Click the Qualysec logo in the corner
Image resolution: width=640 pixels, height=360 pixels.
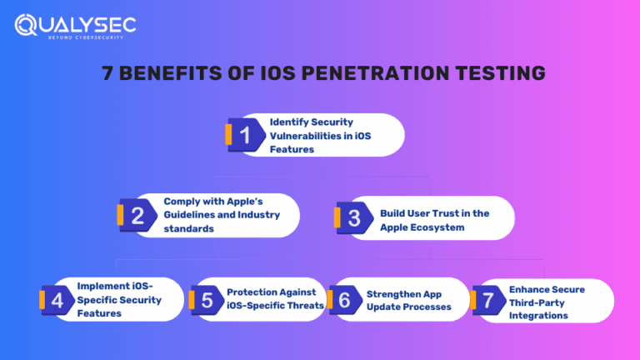(74, 26)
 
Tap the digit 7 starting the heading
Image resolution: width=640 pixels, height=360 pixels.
(108, 73)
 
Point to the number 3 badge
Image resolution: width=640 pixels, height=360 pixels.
(353, 218)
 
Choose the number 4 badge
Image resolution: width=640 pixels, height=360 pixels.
(57, 300)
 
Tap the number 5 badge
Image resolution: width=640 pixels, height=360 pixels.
(206, 300)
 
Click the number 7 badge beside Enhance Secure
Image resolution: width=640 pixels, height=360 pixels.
(487, 301)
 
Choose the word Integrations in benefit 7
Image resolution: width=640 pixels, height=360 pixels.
(538, 316)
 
